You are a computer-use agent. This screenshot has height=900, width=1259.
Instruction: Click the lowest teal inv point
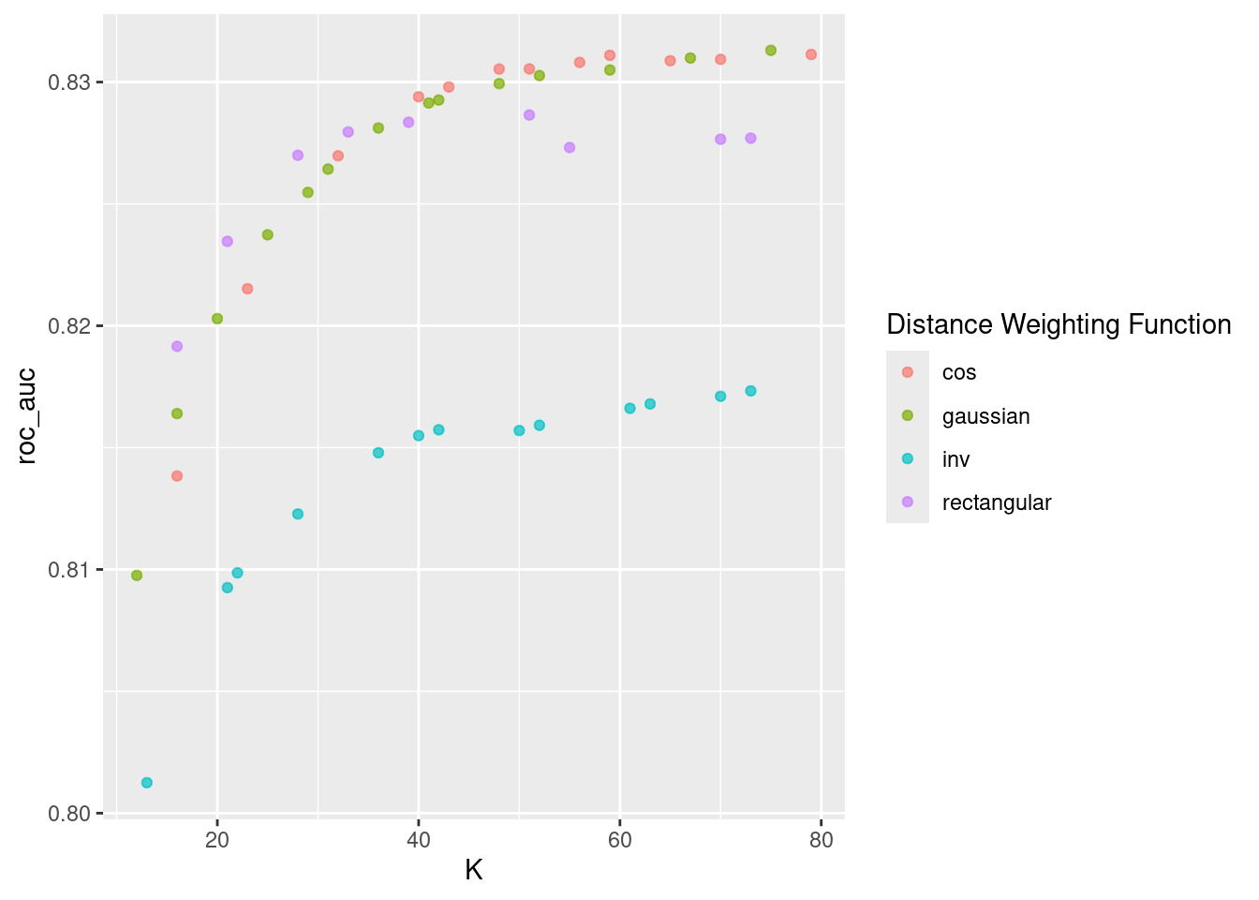click(x=146, y=783)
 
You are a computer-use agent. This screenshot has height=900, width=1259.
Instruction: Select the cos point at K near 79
click(x=811, y=54)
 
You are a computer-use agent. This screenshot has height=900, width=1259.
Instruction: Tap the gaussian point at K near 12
click(x=137, y=576)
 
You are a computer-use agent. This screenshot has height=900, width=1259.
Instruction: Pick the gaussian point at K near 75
click(x=771, y=51)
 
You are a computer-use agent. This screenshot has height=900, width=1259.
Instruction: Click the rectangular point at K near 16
click(x=177, y=346)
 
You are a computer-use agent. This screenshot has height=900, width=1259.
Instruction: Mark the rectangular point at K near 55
click(x=570, y=147)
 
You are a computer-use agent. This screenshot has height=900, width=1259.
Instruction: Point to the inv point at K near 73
click(x=750, y=391)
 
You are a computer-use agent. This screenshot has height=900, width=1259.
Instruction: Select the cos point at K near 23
click(x=247, y=289)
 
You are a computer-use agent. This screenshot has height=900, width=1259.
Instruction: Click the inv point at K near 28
click(x=298, y=514)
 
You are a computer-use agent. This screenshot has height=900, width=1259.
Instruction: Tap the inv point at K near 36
click(x=378, y=453)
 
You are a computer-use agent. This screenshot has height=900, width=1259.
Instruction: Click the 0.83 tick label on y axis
click(x=69, y=82)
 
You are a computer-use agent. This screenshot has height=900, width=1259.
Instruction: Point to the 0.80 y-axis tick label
click(x=69, y=814)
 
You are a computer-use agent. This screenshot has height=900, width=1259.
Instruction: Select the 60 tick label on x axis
click(x=619, y=841)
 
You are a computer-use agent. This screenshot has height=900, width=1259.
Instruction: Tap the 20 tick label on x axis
click(x=217, y=841)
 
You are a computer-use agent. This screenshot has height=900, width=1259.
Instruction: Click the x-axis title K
click(x=473, y=871)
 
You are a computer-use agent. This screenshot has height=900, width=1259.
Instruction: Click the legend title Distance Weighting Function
click(x=1059, y=324)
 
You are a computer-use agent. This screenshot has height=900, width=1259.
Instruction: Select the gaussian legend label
click(x=985, y=416)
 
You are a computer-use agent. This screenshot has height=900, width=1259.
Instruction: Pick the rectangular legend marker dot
click(x=907, y=502)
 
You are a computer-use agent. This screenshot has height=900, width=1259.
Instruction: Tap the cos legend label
click(x=959, y=373)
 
